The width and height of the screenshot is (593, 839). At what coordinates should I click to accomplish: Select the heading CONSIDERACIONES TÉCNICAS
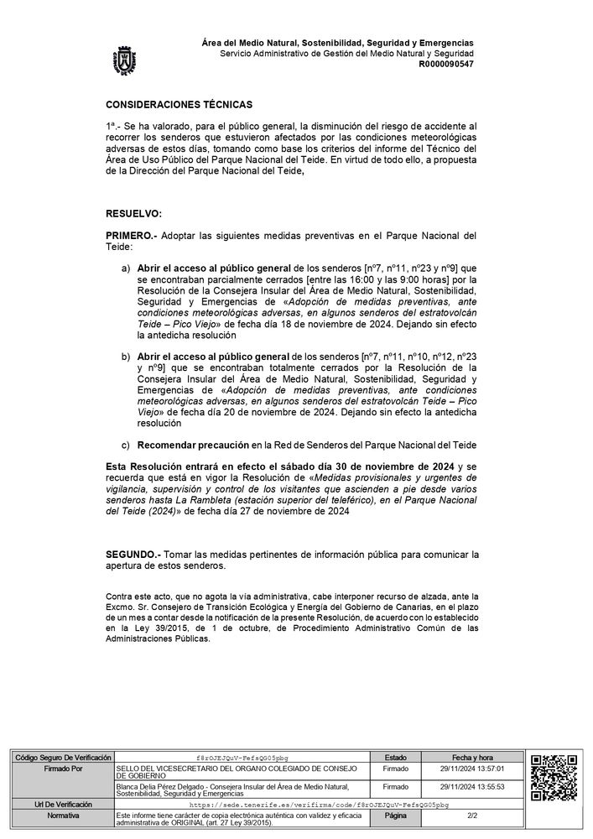pyautogui.click(x=179, y=105)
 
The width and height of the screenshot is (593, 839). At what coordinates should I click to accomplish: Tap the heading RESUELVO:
pyautogui.click(x=133, y=215)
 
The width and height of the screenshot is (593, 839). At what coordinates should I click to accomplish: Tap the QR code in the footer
pyautogui.click(x=554, y=779)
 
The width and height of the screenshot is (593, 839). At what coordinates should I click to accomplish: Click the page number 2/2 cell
pyautogui.click(x=471, y=814)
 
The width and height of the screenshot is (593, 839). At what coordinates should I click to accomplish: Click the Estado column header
pyautogui.click(x=395, y=757)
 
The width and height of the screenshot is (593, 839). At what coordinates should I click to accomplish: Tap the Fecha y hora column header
pyautogui.click(x=471, y=757)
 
